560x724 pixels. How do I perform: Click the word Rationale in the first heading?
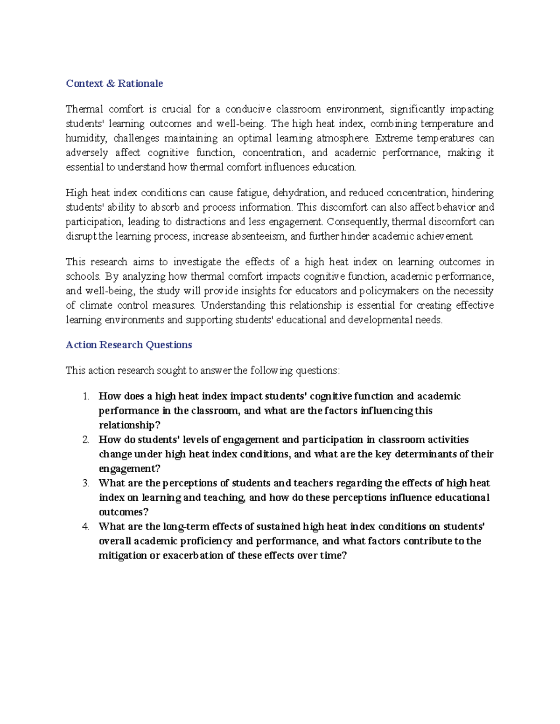pyautogui.click(x=140, y=83)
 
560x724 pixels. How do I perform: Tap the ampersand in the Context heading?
pyautogui.click(x=110, y=83)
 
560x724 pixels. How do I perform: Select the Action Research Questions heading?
pyautogui.click(x=129, y=345)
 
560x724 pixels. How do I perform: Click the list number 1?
pyautogui.click(x=85, y=396)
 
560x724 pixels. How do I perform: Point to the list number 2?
pyautogui.click(x=85, y=440)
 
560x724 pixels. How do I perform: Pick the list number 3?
pyautogui.click(x=85, y=483)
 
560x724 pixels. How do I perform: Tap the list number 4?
pyautogui.click(x=85, y=526)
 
